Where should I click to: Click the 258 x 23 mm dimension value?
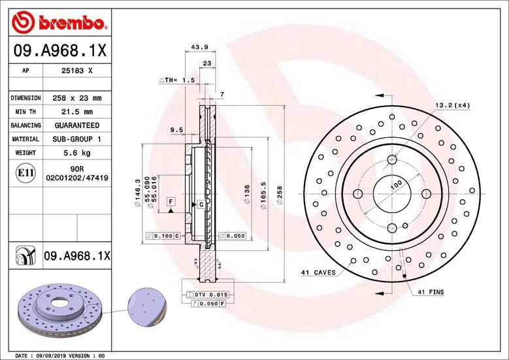pos(76,98)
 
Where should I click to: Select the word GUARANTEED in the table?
pos(76,125)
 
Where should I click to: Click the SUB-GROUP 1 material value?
pos(76,139)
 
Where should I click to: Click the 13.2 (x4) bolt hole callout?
pos(453,105)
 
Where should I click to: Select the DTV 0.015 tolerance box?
pos(210,295)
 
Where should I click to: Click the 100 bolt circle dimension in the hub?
pos(395,186)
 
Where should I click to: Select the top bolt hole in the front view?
pos(391,159)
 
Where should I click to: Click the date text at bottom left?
pos(59,355)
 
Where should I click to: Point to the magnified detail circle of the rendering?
pos(146,306)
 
